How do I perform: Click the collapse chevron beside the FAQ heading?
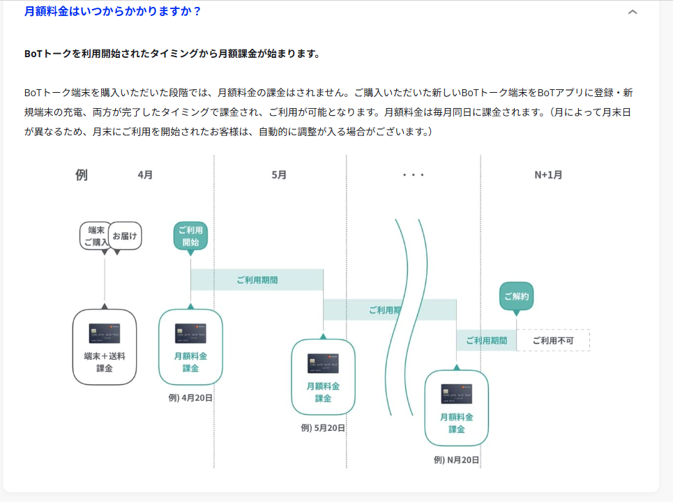633,12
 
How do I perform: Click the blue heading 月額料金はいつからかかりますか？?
113,11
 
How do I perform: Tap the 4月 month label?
145,175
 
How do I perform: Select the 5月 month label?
279,175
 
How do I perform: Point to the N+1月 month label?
548,175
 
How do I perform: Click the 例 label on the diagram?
82,175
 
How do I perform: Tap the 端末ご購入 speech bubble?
95,236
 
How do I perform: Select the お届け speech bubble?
126,235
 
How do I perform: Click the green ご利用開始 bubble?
190,236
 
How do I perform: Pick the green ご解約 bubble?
516,296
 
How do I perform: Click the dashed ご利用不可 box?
553,340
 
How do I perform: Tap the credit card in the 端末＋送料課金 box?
105,333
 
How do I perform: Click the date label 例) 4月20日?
190,398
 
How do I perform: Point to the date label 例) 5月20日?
323,428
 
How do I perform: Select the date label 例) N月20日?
456,459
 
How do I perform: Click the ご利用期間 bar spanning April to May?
257,280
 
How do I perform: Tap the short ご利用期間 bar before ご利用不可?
486,340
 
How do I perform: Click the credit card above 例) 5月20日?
323,363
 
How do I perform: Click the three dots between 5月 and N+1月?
414,175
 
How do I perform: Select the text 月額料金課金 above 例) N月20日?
456,423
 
